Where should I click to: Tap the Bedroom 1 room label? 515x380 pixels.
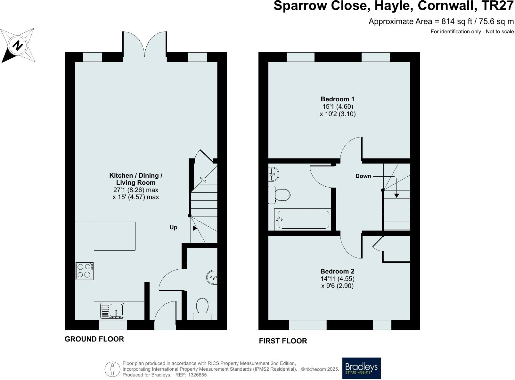coord(338,99)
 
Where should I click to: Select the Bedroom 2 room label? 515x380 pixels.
coord(337,271)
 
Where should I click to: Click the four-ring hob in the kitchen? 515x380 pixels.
coord(85,271)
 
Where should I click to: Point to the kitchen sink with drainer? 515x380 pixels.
coord(112,310)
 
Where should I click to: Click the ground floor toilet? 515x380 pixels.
coord(202,309)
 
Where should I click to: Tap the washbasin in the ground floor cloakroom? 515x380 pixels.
coord(212,277)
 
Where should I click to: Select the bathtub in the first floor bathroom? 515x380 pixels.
coord(303,219)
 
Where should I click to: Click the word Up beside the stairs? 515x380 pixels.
coord(173,227)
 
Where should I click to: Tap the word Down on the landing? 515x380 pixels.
coord(363,176)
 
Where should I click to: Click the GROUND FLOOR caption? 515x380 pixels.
coord(94,339)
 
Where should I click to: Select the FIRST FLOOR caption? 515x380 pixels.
coord(283,341)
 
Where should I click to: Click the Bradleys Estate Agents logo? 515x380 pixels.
coord(361,368)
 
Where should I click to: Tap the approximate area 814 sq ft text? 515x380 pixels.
coord(441,21)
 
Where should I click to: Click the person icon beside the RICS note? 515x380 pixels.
coord(112,369)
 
